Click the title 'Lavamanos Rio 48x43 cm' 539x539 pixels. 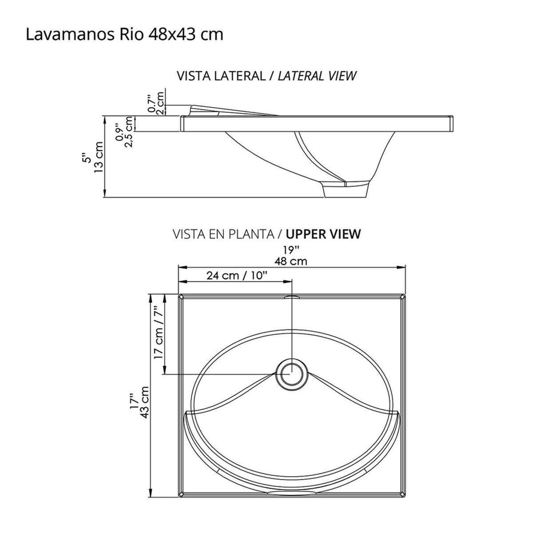(124, 34)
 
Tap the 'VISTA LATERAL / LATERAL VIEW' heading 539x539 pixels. (266, 76)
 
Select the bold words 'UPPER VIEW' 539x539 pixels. (323, 234)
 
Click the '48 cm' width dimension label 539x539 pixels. (291, 261)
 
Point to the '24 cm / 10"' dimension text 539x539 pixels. (236, 276)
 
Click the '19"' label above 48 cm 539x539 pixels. (292, 250)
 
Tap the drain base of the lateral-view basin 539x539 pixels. (346, 190)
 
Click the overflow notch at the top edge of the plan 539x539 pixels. (291, 296)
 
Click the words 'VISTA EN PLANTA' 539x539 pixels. (224, 234)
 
